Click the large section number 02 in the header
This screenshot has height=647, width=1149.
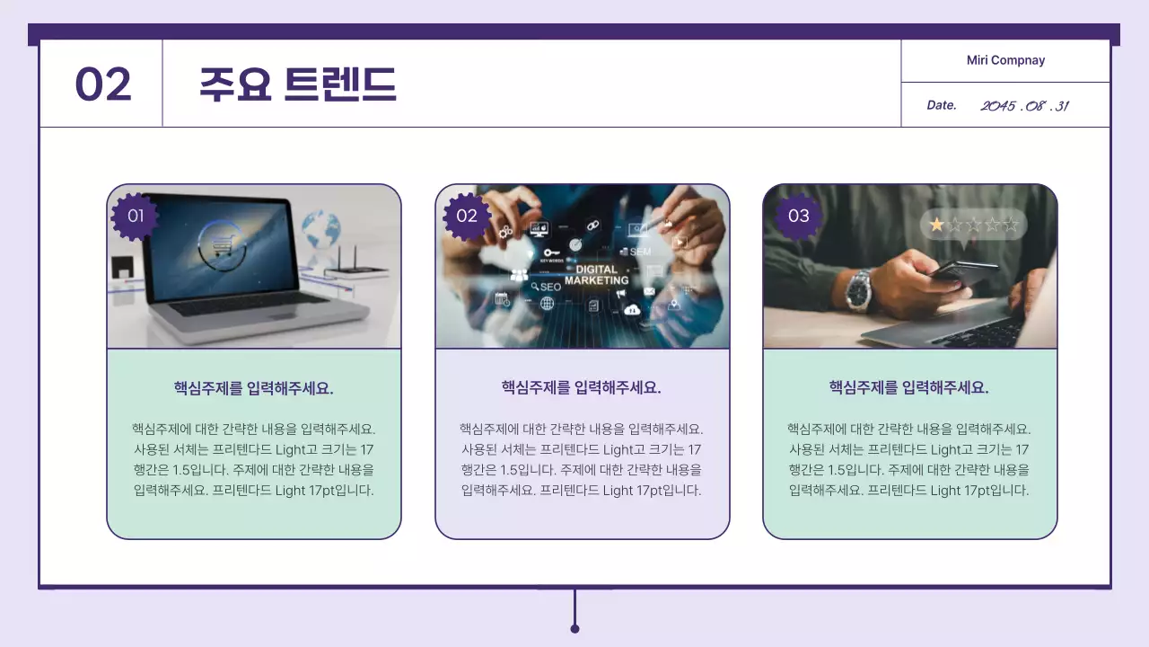103,84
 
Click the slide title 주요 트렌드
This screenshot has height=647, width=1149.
297,84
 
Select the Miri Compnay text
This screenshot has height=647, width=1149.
1005,60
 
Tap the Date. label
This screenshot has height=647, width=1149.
942,105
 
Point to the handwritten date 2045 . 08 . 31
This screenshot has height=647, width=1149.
1024,106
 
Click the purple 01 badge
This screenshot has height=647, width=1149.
136,216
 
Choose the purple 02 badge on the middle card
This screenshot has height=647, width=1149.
467,216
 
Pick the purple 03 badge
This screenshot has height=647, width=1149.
798,216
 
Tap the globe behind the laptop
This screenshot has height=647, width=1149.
320,230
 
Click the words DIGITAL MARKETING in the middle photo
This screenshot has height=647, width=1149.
597,274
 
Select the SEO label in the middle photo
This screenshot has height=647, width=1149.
547,287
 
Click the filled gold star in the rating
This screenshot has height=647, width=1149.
936,225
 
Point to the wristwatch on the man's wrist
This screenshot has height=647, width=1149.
859,289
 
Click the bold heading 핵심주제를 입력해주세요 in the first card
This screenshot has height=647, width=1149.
254,388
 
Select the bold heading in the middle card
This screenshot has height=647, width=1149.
582,387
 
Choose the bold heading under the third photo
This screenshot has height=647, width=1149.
909,387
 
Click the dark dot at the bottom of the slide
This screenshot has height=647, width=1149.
574,628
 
